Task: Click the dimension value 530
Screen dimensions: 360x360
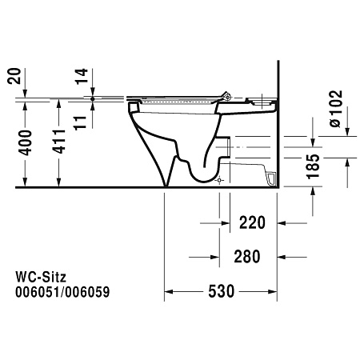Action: pos(221,291)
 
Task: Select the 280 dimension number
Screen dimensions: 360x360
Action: pos(247,257)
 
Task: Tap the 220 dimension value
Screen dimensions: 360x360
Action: pos(252,222)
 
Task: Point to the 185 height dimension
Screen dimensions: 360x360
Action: pos(313,166)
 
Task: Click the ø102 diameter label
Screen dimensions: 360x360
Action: pos(335,109)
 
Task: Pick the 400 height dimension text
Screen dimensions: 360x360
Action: pos(26,142)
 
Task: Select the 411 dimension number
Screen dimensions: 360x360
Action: pos(59,142)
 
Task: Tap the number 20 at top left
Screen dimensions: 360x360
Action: pos(14,76)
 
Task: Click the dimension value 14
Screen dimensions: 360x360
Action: pos(82,76)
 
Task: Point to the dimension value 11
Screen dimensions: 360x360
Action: pos(80,123)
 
